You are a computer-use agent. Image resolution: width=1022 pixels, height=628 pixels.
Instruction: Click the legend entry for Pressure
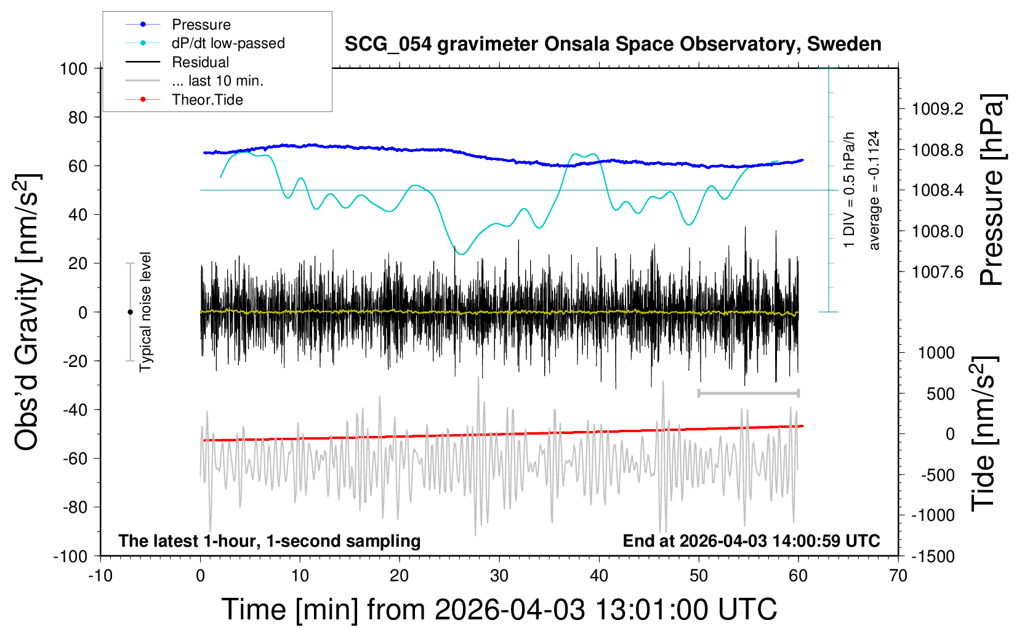pos(201,25)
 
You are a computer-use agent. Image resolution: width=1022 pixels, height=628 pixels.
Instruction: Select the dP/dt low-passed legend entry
pos(228,43)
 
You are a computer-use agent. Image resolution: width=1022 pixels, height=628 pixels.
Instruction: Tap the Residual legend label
pos(200,62)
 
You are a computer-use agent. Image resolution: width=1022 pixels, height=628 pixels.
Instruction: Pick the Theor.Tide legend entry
pos(207,100)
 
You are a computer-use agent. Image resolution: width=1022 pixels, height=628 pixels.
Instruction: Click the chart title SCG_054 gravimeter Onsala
pos(613,44)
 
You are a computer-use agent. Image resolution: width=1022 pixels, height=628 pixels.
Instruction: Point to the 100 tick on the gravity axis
pos(74,68)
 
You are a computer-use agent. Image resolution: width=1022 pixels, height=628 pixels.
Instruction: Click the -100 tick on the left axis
pos(70,556)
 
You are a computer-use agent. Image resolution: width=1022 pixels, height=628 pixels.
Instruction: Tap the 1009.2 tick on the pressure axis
pos(938,109)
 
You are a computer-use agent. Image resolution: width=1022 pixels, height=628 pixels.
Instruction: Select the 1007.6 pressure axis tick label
pos(938,272)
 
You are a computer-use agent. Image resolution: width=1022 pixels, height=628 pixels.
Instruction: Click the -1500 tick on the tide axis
pos(932,557)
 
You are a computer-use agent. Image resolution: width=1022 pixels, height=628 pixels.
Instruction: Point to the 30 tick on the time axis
pos(499,576)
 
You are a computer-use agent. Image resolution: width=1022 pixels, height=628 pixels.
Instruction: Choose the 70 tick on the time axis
pos(898,576)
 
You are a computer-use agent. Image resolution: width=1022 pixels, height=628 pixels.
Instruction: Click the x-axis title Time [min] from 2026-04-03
pos(499,610)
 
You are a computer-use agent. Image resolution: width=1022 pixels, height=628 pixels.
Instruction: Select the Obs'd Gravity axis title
pos(27,312)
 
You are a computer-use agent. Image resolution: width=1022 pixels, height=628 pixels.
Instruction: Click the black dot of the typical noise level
pos(130,312)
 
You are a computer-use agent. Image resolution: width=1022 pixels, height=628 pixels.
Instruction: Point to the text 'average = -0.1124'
pos(874,190)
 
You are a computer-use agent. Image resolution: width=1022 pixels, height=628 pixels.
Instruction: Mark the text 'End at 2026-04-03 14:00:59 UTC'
pos(751,541)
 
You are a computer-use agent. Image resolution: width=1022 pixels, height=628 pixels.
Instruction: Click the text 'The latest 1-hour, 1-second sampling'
pos(270,541)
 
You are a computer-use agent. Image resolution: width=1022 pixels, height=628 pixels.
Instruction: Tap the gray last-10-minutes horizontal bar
pos(748,393)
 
